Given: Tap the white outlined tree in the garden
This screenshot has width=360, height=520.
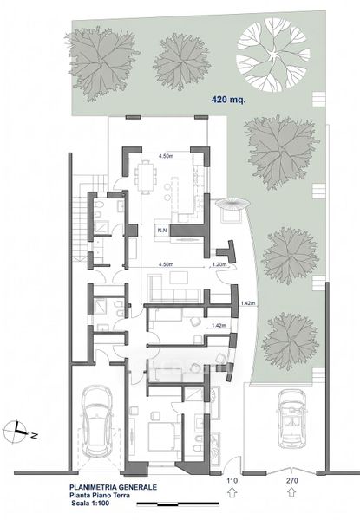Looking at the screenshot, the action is [x=272, y=55].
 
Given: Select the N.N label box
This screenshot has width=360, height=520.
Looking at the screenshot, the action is [x=162, y=231].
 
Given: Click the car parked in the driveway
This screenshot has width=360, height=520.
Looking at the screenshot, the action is [x=291, y=419].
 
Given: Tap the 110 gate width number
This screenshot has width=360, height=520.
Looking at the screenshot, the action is [x=232, y=480].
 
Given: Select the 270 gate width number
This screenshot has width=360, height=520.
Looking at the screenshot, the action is [x=292, y=480].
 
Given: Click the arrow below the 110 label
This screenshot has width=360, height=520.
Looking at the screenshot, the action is [x=232, y=493].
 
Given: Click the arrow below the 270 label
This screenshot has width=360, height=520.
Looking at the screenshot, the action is [x=292, y=493].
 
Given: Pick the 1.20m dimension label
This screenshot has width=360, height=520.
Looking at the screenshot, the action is [x=219, y=264].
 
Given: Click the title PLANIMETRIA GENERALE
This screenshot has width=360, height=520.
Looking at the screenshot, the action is [x=113, y=487].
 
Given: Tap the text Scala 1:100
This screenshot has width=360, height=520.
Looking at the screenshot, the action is [x=90, y=503].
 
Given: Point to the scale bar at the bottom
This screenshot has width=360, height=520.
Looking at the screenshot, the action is [x=178, y=504].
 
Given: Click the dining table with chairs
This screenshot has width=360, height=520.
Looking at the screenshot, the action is [x=146, y=177].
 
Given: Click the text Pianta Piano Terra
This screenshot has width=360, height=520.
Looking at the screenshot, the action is [x=100, y=495].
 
